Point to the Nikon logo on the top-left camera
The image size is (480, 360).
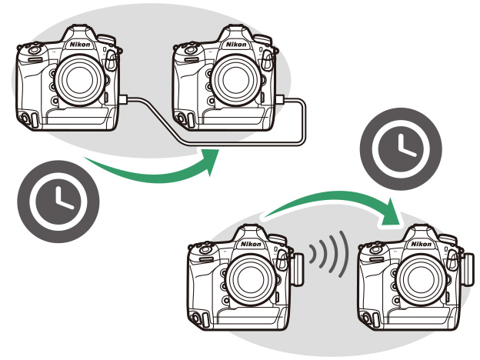tap(78, 45)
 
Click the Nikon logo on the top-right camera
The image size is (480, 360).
tap(236, 45)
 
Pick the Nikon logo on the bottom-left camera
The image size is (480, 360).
tap(250, 244)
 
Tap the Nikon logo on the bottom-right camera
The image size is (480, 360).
tap(421, 244)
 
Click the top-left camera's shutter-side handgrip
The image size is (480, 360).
tap(29, 85)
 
